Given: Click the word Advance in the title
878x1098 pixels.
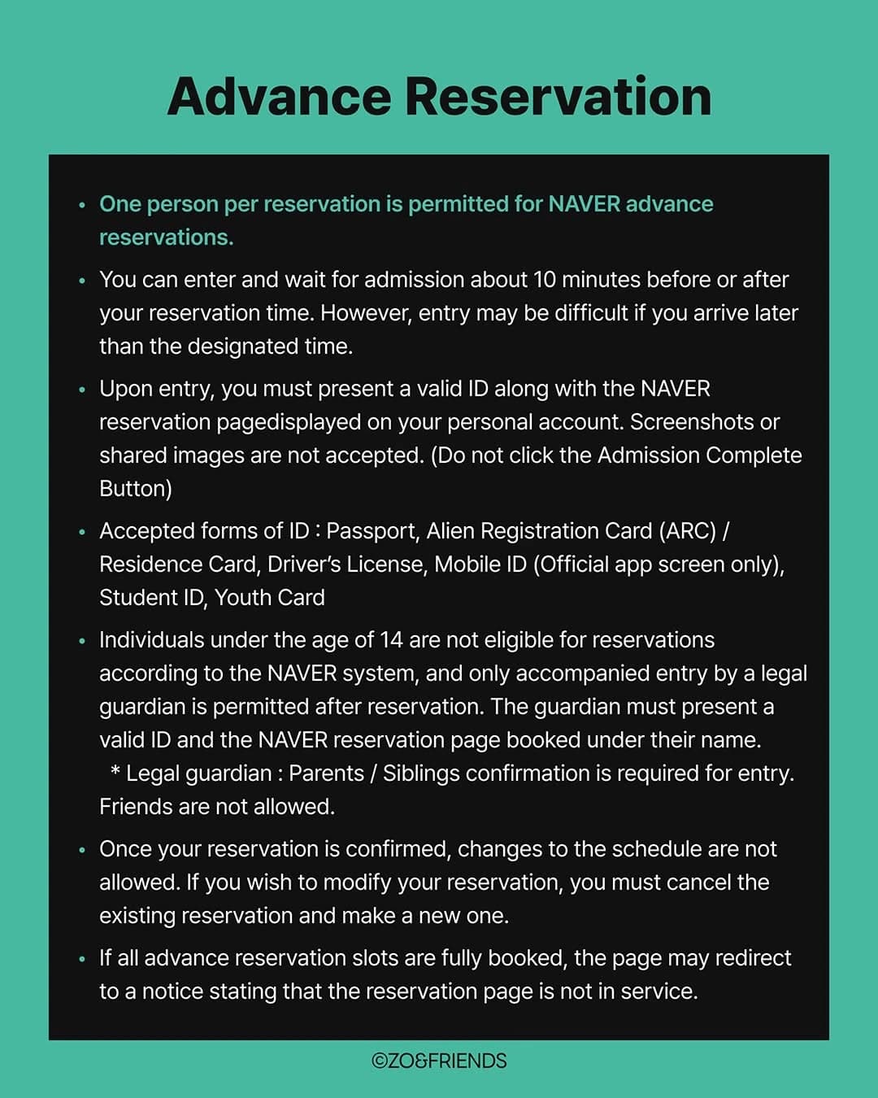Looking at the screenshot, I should click(279, 97).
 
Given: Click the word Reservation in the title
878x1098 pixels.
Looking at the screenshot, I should click(558, 97).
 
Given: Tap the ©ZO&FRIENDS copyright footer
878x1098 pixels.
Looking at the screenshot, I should click(439, 1061).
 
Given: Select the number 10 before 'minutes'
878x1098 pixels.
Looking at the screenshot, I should click(545, 280).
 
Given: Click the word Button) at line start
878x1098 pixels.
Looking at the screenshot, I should click(136, 489).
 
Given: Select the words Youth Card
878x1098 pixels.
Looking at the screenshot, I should click(270, 598).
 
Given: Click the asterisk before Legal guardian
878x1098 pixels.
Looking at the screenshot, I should click(115, 772).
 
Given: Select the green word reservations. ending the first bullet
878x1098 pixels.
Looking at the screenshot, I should click(166, 237).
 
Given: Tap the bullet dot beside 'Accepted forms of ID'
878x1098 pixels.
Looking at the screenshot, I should click(81, 533).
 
